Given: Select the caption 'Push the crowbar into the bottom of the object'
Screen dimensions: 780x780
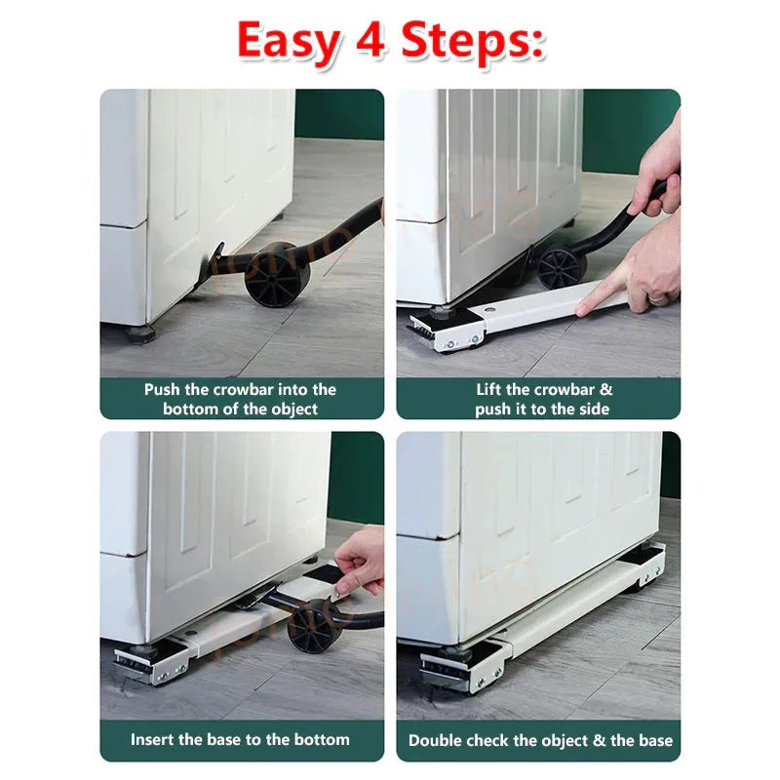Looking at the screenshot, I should pyautogui.click(x=241, y=399).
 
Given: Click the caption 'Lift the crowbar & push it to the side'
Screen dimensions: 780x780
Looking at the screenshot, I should pyautogui.click(x=538, y=399).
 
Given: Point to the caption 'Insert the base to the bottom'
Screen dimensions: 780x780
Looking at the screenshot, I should pyautogui.click(x=241, y=739).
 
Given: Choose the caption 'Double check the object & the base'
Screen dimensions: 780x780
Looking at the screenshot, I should pyautogui.click(x=538, y=740).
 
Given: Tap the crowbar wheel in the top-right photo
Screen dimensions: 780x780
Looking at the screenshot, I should pyautogui.click(x=559, y=267).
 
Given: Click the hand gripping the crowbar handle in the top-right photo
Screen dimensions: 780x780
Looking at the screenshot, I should pyautogui.click(x=657, y=175).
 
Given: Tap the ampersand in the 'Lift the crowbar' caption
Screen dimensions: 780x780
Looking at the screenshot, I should pyautogui.click(x=606, y=389).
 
